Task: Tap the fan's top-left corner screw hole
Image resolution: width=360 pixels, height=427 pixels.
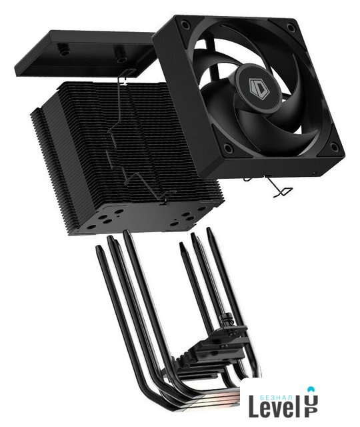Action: [185, 25]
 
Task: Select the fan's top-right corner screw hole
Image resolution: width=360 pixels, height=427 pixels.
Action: [291, 27]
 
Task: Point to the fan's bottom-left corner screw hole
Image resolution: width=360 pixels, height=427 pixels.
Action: [227, 148]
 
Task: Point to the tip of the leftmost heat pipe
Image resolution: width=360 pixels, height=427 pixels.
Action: [98, 247]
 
